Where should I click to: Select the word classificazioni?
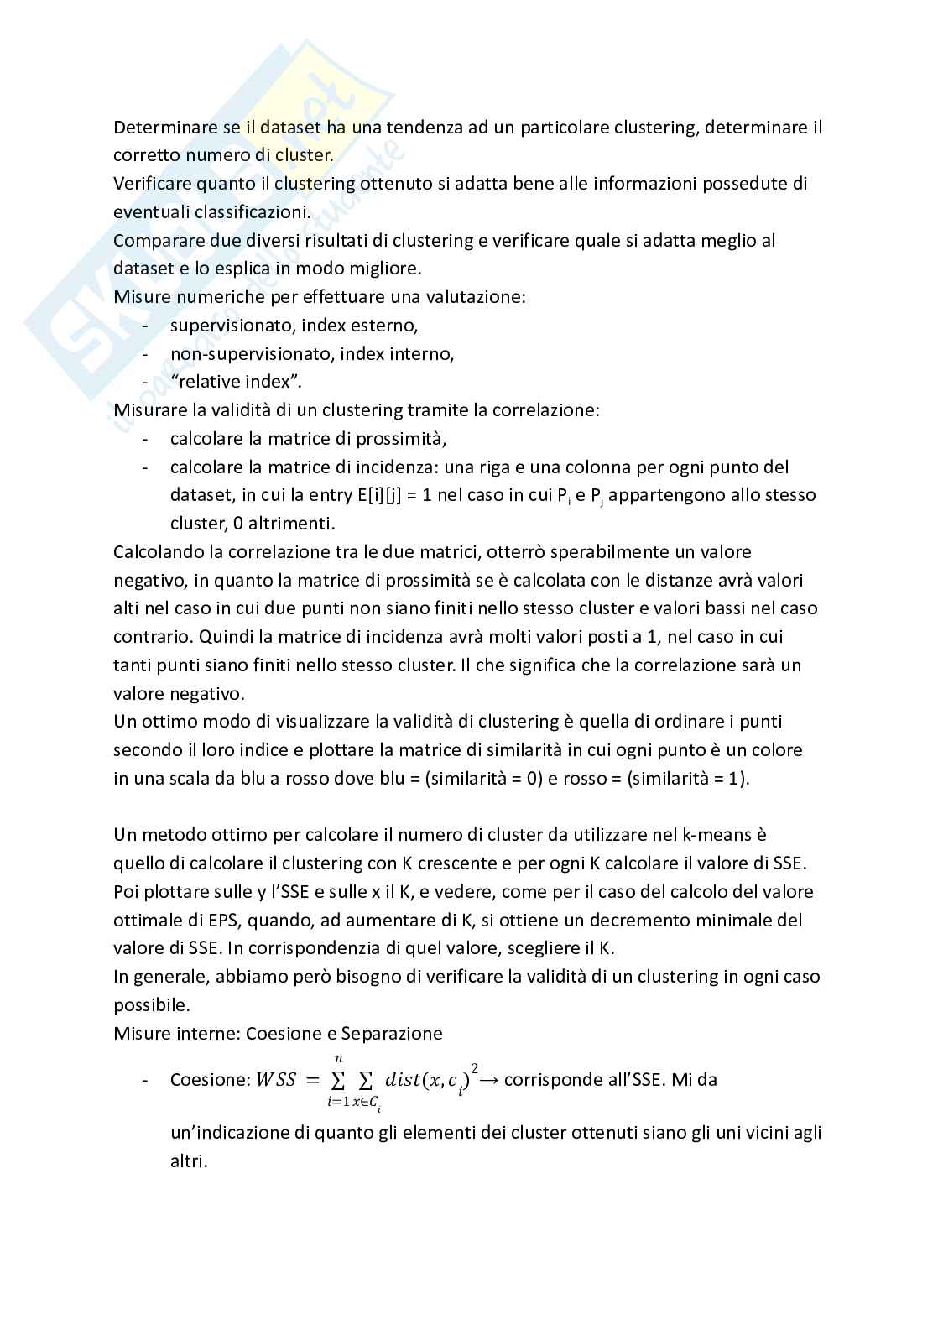tap(242, 212)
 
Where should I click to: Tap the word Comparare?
tap(154, 241)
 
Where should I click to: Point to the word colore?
tap(775, 749)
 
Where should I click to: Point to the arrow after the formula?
tap(489, 1080)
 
